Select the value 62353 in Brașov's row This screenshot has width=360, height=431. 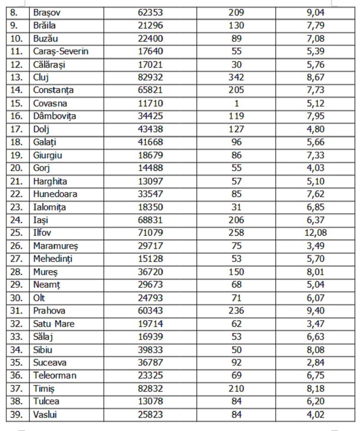click(x=151, y=12)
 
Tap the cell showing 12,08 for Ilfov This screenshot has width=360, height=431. click(x=315, y=233)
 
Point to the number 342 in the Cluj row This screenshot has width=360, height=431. click(x=236, y=77)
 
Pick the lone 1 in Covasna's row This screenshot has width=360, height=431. click(x=237, y=103)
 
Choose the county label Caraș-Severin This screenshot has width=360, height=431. click(x=61, y=51)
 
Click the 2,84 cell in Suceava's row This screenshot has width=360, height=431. click(x=315, y=363)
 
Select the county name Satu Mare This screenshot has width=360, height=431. click(x=54, y=324)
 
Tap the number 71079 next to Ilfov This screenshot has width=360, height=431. click(x=151, y=233)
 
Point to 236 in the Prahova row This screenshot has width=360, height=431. click(x=236, y=311)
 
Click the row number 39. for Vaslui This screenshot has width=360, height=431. click(x=16, y=414)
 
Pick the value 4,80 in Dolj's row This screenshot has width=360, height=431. click(x=315, y=129)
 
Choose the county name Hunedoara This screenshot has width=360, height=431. click(x=55, y=194)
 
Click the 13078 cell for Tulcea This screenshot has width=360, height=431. click(x=151, y=401)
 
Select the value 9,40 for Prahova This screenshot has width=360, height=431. click(x=315, y=311)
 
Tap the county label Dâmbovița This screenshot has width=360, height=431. click(x=54, y=116)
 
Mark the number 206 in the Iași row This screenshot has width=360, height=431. click(x=236, y=220)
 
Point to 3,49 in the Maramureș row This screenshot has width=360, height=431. click(x=315, y=246)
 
